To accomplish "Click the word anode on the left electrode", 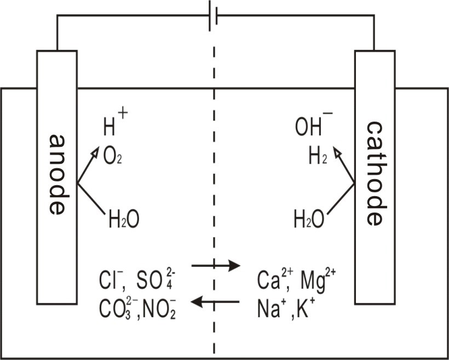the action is click(x=59, y=175).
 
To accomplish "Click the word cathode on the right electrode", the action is click(x=377, y=173).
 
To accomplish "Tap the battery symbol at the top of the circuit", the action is click(x=214, y=16).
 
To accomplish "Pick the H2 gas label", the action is click(x=318, y=157).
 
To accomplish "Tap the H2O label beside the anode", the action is click(x=124, y=220).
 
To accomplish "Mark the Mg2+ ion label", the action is click(x=317, y=281).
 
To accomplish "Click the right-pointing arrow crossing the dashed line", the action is click(x=216, y=266).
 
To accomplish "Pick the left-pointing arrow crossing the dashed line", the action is click(x=215, y=301).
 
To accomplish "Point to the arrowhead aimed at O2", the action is click(x=95, y=151).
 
